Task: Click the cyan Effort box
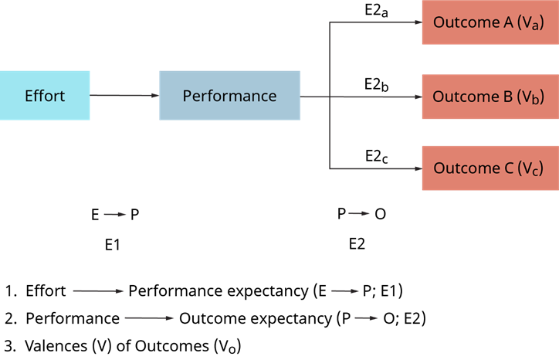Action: [x=45, y=96]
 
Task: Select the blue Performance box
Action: [x=229, y=96]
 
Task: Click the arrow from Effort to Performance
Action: [x=124, y=96]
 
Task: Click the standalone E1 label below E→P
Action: [x=113, y=244]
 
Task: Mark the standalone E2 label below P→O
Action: [x=357, y=244]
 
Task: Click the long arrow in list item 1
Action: [x=97, y=291]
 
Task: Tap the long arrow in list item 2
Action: [x=149, y=318]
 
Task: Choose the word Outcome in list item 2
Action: [x=207, y=318]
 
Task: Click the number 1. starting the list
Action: [x=10, y=291]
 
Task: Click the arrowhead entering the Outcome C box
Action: [x=416, y=168]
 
